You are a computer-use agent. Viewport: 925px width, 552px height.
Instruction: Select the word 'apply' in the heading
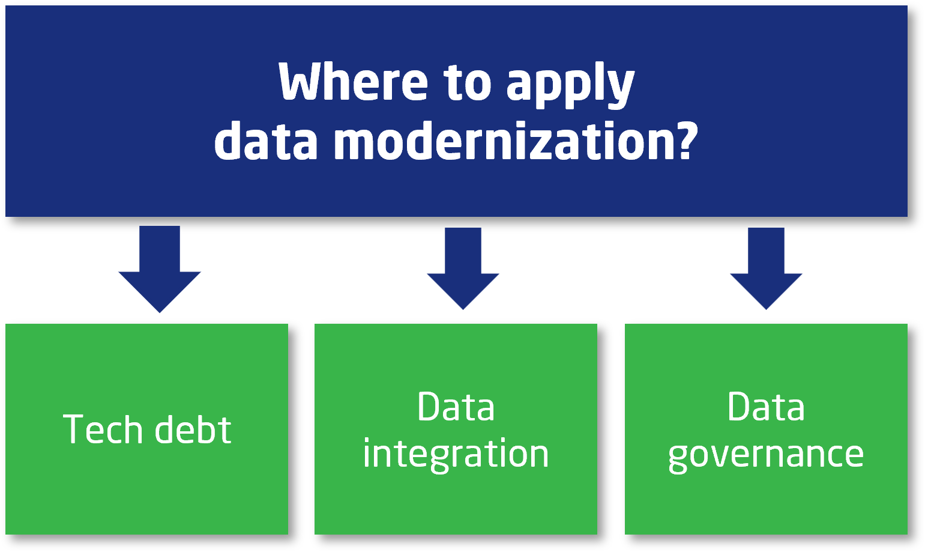click(570, 85)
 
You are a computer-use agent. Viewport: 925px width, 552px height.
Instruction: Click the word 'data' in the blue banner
click(266, 141)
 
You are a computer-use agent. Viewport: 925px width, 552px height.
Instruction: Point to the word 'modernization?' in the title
click(516, 141)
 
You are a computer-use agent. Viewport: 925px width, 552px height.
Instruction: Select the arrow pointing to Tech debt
click(160, 269)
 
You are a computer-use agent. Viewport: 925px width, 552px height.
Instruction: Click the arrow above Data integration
click(463, 268)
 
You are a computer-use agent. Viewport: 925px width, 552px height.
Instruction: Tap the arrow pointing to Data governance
click(766, 268)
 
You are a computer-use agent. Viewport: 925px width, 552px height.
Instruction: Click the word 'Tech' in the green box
click(103, 429)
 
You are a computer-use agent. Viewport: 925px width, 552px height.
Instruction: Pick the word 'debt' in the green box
click(193, 429)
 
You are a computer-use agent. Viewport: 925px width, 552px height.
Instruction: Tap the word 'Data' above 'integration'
click(456, 407)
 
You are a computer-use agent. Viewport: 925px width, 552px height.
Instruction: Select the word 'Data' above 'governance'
click(766, 407)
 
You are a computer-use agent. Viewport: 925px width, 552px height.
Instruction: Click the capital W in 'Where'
click(305, 82)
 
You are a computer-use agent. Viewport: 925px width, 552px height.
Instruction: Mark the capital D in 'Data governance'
click(740, 407)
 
